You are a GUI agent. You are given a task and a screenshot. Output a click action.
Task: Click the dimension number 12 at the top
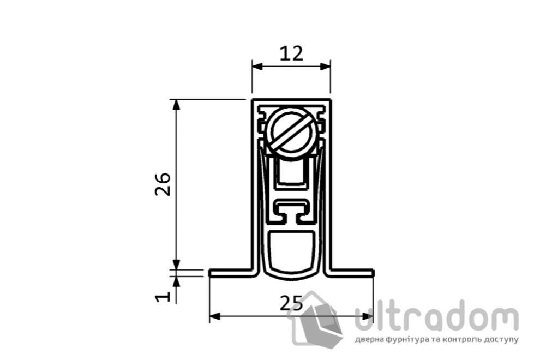(x=291, y=53)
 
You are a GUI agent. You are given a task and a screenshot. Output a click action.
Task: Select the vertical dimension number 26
(x=163, y=184)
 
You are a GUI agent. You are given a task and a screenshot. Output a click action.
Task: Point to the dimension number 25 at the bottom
(x=291, y=303)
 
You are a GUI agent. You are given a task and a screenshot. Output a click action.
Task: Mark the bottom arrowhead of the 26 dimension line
(x=176, y=263)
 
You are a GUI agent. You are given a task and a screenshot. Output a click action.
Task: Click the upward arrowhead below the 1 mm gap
(x=176, y=281)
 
